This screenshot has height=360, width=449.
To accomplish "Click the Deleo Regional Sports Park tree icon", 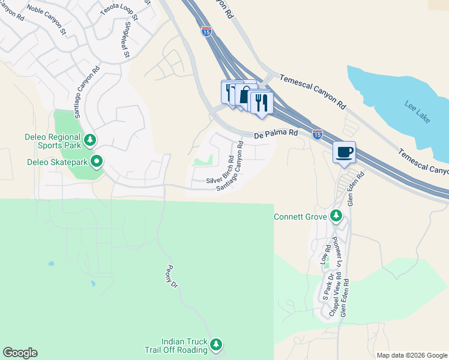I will (x=90, y=140).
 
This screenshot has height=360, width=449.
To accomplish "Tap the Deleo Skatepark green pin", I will (x=96, y=161).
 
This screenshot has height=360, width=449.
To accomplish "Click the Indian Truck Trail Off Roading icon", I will (x=217, y=344).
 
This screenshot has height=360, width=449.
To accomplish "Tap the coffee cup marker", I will (x=345, y=152).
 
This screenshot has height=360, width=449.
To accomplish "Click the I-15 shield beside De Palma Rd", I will (x=317, y=134).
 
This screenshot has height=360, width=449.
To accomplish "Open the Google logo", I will (x=20, y=353).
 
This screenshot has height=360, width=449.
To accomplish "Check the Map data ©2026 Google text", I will (x=411, y=355).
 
